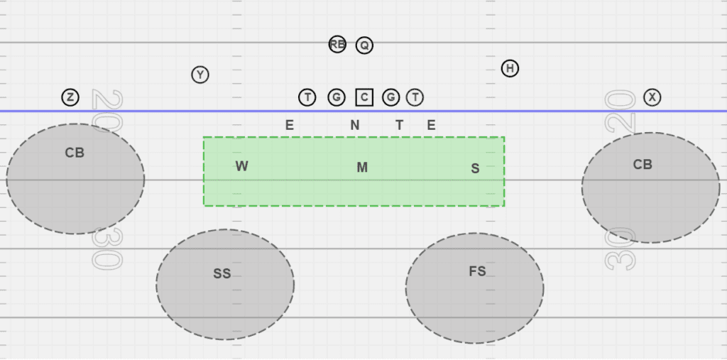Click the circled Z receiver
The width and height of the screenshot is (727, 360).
point(70,97)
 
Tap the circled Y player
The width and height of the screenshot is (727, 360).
point(200,75)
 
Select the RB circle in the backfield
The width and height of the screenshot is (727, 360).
point(337,45)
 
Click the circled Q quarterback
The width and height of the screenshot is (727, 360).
point(364,45)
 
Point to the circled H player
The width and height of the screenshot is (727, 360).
point(510,69)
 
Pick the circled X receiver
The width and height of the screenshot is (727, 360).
point(652,97)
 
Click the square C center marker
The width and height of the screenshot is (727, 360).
point(364,97)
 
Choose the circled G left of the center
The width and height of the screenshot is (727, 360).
point(337,97)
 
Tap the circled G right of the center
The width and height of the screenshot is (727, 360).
point(391,97)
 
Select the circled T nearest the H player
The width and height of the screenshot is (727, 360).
point(415,97)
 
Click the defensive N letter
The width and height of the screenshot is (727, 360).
point(355,126)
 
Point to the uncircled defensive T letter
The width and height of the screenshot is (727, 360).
point(399,126)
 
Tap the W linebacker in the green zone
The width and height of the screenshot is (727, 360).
point(242,166)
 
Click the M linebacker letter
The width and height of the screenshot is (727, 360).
point(362,168)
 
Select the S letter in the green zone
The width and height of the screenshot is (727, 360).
point(475,168)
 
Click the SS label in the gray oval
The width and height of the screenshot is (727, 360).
point(222,273)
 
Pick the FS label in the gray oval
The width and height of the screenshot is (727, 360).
point(477,271)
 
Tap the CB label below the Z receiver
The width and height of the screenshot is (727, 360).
point(75,153)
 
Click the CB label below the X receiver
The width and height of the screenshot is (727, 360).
point(643,165)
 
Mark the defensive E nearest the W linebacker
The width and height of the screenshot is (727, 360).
point(290,126)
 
